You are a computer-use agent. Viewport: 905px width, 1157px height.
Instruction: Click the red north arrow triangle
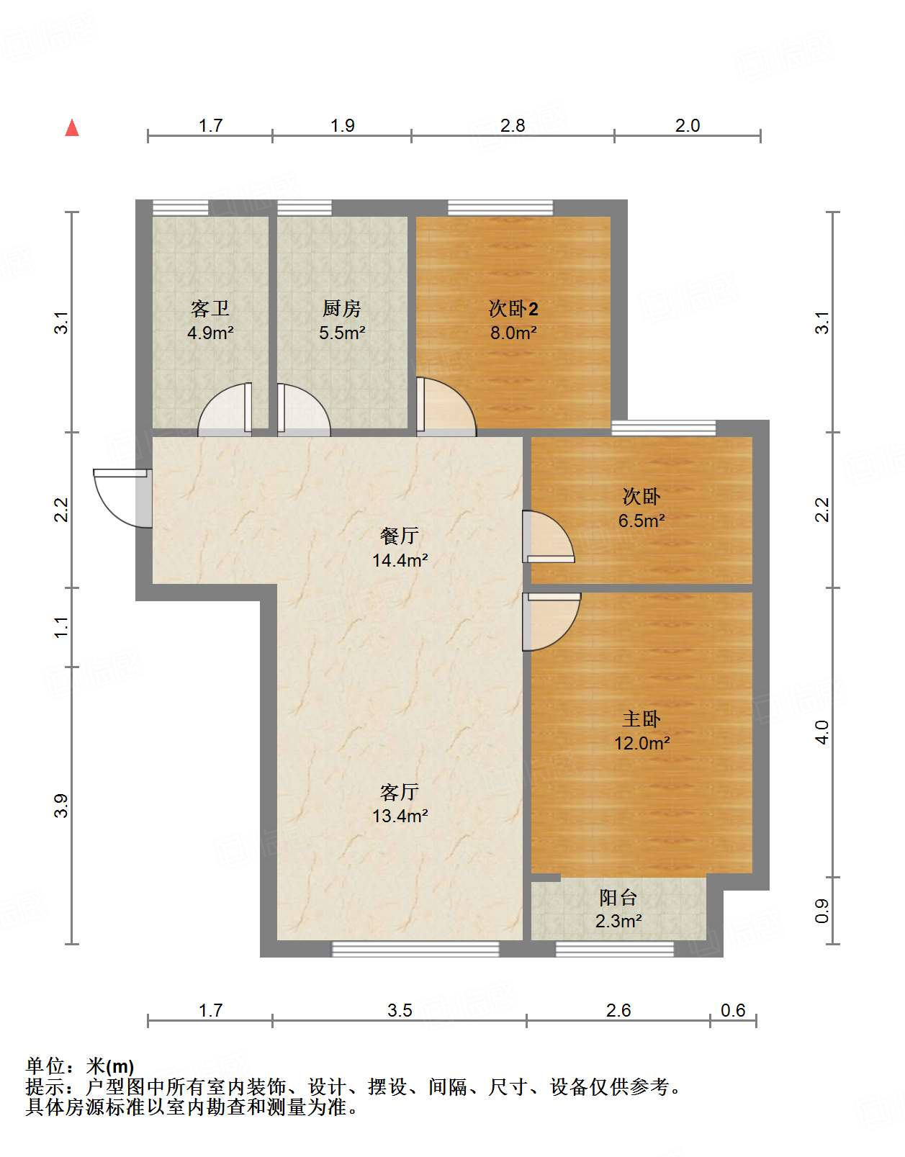click(x=72, y=128)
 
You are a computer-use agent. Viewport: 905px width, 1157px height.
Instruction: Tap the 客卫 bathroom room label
click(x=210, y=309)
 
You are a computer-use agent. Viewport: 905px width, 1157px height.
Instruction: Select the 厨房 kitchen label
click(x=342, y=309)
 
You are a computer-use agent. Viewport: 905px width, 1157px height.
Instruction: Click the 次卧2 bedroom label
click(x=513, y=309)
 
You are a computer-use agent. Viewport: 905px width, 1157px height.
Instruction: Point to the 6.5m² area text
click(x=641, y=521)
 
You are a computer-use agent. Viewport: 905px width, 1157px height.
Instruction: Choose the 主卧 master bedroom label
click(x=641, y=719)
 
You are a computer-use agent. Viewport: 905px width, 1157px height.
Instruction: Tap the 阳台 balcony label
click(x=618, y=897)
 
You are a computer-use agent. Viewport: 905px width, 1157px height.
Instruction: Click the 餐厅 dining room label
click(x=400, y=536)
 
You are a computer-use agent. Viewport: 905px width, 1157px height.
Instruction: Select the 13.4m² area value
click(x=400, y=816)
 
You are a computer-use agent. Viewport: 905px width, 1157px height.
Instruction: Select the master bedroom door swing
click(x=551, y=621)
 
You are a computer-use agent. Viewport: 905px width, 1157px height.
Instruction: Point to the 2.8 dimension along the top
click(x=513, y=126)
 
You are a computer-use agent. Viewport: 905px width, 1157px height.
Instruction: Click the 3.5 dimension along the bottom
click(x=400, y=1010)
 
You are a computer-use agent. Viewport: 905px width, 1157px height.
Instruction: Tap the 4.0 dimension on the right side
click(x=822, y=732)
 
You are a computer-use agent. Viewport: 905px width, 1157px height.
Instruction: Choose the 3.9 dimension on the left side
click(x=62, y=805)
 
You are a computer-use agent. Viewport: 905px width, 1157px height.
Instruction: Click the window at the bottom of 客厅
click(x=415, y=949)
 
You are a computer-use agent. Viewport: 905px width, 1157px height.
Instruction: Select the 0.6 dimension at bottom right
click(x=733, y=1010)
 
